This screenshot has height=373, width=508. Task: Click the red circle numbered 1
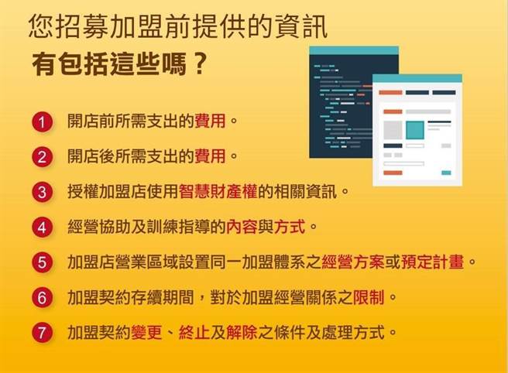click(42, 122)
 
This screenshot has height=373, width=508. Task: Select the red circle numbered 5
click(42, 262)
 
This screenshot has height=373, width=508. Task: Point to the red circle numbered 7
click(42, 333)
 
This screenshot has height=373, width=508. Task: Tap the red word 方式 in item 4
click(290, 227)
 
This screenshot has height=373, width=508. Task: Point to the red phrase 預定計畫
click(431, 262)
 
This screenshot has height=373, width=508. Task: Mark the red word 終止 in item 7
click(194, 333)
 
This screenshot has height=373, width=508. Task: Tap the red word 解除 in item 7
click(242, 333)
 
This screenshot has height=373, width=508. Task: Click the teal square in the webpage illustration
click(415, 129)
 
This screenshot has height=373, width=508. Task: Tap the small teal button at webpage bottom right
click(446, 173)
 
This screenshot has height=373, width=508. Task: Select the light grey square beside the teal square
click(393, 129)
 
